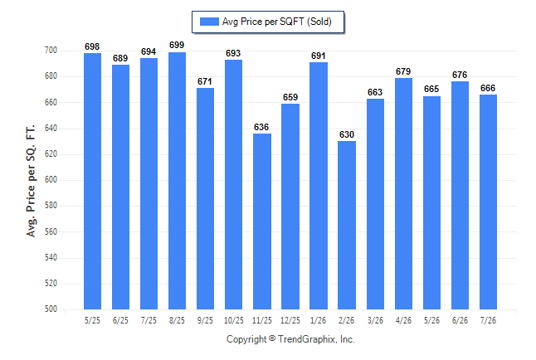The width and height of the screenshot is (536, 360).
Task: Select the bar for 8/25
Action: coord(177,181)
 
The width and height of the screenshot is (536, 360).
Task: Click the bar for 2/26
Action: coord(347,226)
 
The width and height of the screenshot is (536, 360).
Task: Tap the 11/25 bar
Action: coord(262,221)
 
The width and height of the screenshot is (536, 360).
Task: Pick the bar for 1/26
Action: coord(319,186)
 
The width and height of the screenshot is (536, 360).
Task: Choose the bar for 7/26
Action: coord(488,202)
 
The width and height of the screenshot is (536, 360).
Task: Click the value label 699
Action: coord(177,45)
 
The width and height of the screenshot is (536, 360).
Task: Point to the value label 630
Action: coord(347,134)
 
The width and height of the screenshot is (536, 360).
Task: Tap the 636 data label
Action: coord(261,127)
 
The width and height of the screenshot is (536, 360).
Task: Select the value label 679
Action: coord(403,71)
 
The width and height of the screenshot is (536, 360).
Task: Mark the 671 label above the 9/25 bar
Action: coord(205,81)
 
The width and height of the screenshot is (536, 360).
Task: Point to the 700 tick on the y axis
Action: coord(51,51)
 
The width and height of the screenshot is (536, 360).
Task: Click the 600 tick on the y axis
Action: coord(51,179)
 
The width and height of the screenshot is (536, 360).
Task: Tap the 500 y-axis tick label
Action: coord(51,309)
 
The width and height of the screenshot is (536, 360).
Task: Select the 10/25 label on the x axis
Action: coord(234,320)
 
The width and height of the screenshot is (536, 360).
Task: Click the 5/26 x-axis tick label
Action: coord(431,320)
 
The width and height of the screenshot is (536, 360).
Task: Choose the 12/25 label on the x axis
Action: coord(290,320)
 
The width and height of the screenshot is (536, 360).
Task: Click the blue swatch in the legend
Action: coord(209,22)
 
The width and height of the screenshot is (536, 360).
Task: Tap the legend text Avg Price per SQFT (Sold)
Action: coord(277,22)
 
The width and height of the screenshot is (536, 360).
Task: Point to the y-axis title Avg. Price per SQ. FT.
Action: coord(31,181)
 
